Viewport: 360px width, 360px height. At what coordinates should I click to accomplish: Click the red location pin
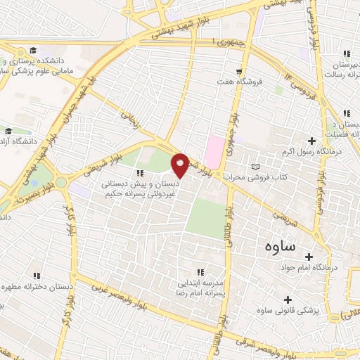[180, 165]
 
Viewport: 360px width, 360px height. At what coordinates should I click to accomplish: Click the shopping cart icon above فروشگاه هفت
[240, 71]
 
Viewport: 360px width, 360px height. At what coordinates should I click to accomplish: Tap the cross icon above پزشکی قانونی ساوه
[286, 299]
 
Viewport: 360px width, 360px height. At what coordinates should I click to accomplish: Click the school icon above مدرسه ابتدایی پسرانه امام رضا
[200, 271]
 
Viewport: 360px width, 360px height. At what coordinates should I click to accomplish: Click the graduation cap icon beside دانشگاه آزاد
[8, 131]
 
